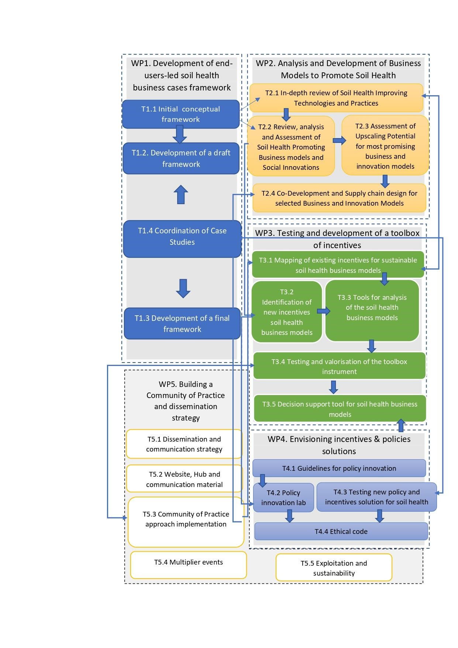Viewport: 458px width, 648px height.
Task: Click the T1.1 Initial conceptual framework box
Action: (181, 114)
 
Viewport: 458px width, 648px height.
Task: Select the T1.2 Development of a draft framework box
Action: (181, 158)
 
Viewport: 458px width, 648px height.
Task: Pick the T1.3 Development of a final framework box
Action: (182, 324)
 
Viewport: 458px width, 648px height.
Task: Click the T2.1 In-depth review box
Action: (336, 98)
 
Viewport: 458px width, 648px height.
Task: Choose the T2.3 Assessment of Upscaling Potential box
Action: (385, 146)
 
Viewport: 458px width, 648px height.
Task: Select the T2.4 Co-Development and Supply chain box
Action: (339, 198)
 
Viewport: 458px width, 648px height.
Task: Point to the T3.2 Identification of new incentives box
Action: (286, 312)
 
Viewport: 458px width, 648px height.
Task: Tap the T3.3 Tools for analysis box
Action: (372, 310)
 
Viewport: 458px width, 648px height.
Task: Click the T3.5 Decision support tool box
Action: (340, 409)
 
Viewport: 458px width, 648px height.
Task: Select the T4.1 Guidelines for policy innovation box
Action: (339, 468)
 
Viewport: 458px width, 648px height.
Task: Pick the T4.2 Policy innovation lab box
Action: (283, 497)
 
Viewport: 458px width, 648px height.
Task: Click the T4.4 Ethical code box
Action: (341, 531)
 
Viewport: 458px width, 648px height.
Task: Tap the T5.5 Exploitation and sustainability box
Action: (334, 568)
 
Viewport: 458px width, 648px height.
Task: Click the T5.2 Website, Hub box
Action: (184, 479)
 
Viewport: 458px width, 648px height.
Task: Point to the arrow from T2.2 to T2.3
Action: (339, 140)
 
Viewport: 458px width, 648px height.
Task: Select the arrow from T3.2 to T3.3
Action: (323, 311)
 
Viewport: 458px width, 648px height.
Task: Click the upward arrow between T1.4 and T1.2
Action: (180, 194)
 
